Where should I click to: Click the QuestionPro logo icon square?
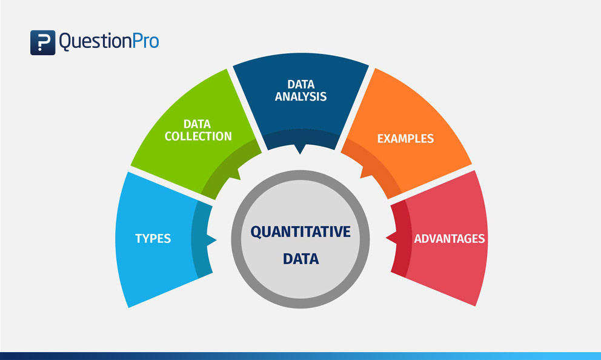[42, 42]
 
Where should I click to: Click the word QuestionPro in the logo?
[109, 42]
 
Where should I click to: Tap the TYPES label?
[153, 238]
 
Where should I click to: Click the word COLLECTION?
[199, 136]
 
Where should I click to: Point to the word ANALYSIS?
[300, 96]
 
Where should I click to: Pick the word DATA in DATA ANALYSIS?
[300, 84]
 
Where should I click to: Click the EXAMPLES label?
[405, 138]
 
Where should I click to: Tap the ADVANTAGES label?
[450, 238]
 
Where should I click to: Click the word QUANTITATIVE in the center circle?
[300, 232]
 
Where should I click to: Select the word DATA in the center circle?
[300, 259]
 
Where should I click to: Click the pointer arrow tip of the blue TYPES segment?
[215, 241]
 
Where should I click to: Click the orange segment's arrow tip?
[362, 176]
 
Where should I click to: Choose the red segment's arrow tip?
[387, 241]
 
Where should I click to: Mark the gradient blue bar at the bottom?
[300, 356]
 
